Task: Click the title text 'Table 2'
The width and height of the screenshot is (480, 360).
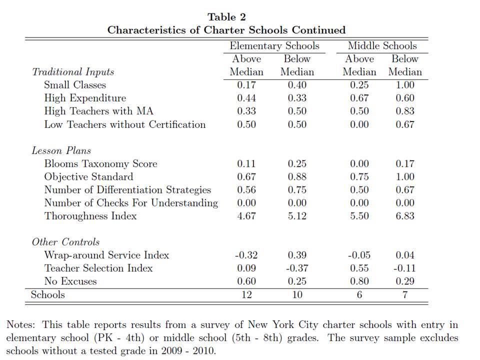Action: pos(226,17)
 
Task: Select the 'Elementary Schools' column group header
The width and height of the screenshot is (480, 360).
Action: pos(274,46)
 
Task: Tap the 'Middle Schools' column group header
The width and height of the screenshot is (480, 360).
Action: pos(382,46)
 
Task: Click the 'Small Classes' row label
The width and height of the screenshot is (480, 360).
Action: pos(75,85)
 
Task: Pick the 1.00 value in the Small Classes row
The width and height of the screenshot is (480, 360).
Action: pos(404,85)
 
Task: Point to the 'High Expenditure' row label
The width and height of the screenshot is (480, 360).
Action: pos(85,98)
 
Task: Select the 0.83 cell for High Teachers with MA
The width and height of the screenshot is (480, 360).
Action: pos(404,111)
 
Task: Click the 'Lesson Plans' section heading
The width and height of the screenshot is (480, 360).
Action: pos(61,150)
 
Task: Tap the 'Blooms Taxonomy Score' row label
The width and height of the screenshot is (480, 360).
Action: pos(100,163)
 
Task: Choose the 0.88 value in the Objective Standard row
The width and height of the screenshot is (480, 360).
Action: pos(297,176)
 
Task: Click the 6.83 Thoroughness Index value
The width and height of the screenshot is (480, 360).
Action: pos(404,216)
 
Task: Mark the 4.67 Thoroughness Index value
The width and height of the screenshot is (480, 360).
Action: pos(246,216)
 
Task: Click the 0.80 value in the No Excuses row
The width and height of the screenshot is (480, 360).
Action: pos(359,281)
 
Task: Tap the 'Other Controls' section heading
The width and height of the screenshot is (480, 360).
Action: pos(65,242)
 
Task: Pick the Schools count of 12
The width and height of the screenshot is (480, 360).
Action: pos(246,294)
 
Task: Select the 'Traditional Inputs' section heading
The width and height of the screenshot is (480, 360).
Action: pos(73,72)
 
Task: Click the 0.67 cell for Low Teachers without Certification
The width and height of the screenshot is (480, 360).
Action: pos(404,124)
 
